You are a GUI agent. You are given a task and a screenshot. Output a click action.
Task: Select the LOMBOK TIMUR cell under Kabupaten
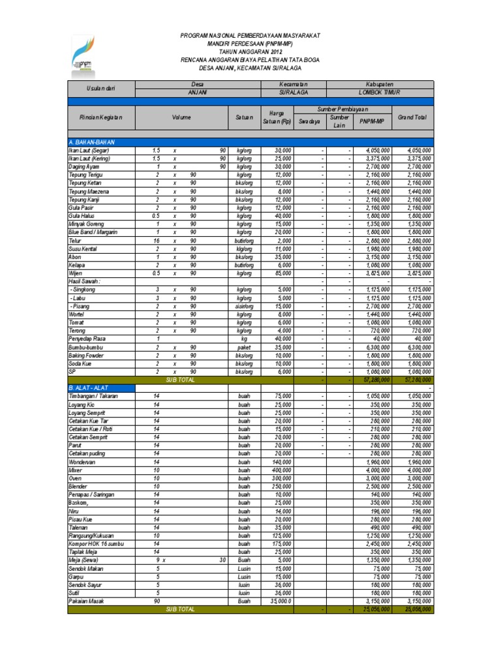(x=379, y=93)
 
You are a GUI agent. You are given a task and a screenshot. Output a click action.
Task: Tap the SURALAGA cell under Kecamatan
(x=293, y=93)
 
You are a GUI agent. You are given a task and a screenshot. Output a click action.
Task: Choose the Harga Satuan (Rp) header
(x=277, y=117)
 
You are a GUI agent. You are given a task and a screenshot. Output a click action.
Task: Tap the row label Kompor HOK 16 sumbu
(x=96, y=543)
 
